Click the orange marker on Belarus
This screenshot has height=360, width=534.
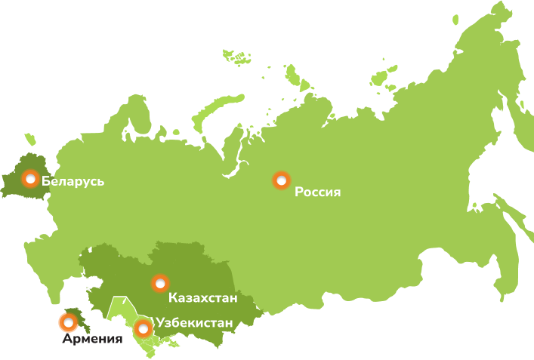30,179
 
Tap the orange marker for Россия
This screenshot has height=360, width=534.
281,180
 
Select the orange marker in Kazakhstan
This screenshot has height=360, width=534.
160,284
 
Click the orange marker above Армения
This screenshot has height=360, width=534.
68,323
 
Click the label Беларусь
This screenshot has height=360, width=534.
73,181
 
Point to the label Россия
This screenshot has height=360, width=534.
318,192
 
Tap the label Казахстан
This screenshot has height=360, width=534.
203,298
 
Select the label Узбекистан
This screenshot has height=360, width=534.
194,324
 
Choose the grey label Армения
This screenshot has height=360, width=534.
92,340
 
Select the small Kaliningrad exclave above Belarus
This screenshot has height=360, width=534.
29,140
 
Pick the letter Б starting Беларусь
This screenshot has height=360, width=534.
46,181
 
